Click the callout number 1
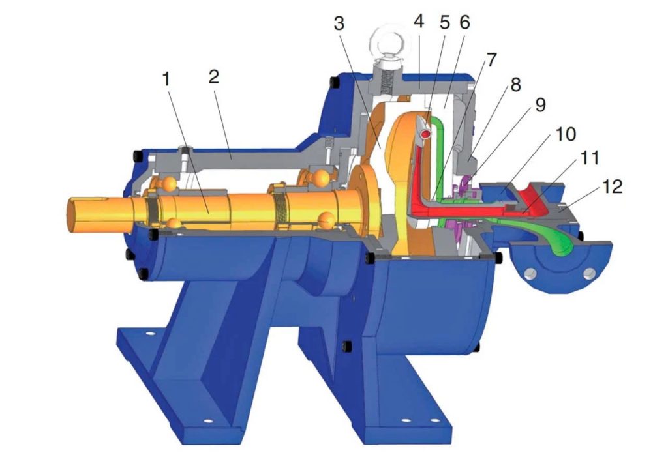166,80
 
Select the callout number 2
214,77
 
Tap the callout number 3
339,24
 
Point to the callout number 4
419,22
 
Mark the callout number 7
491,60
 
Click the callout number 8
515,85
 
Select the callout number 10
566,134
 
